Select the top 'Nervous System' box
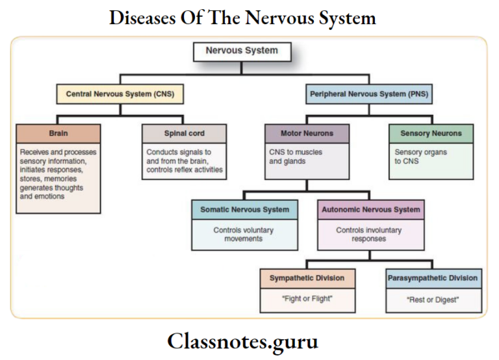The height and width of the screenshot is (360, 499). tap(242, 51)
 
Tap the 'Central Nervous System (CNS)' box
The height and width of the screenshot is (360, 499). tap(120, 94)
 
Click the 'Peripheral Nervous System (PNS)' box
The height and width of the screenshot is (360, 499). tap(369, 94)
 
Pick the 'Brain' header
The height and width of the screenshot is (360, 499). tap(58, 133)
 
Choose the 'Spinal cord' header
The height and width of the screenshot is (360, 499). tap(185, 133)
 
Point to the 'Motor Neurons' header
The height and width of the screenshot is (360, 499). tap(307, 133)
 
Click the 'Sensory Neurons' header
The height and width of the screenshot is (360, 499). tap(431, 133)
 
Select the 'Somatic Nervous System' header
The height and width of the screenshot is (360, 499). tap(244, 210)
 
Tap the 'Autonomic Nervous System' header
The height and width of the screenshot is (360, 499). tap(370, 210)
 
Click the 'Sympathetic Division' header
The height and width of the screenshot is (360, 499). tap(307, 278)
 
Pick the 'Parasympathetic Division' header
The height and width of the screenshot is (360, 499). tap(433, 278)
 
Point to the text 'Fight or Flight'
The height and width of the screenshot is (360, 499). tap(307, 300)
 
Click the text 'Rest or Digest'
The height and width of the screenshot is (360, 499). tap(433, 300)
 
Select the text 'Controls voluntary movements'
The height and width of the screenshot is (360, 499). tap(244, 235)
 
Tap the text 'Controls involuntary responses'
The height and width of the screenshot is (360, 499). tap(369, 235)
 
